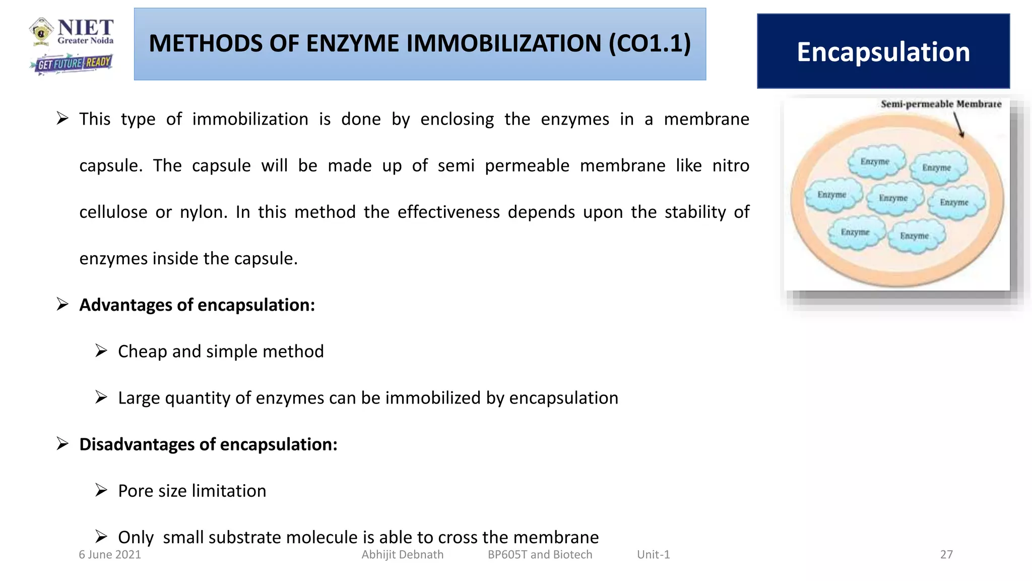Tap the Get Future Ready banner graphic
[x=72, y=64]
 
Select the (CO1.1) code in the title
[x=650, y=43]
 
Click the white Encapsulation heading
[x=883, y=52]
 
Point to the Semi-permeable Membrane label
[x=941, y=104]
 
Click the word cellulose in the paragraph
[x=113, y=212]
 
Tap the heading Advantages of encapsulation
[x=197, y=305]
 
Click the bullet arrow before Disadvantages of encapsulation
[x=62, y=444]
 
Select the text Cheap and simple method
[x=221, y=352]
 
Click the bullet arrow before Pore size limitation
[x=101, y=490]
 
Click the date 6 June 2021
[x=110, y=555]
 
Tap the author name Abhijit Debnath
[x=402, y=555]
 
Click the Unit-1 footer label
[x=653, y=555]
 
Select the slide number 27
[x=946, y=555]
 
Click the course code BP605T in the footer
[x=507, y=555]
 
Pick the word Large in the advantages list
[x=139, y=398]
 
